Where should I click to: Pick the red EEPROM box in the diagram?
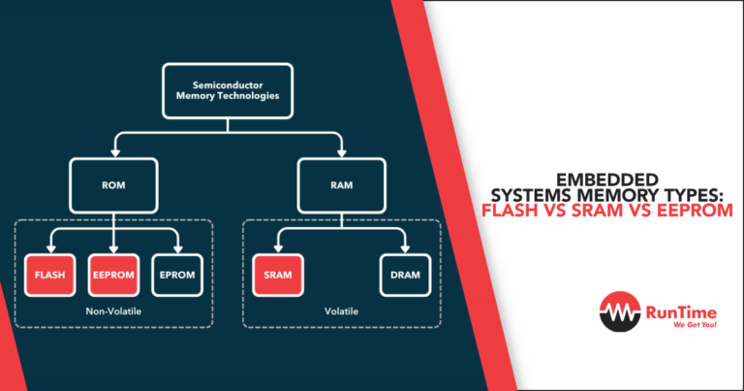(x=114, y=275)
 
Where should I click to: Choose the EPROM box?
(x=177, y=275)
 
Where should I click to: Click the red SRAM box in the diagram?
(x=278, y=275)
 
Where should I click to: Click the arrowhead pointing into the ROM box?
(x=114, y=154)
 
